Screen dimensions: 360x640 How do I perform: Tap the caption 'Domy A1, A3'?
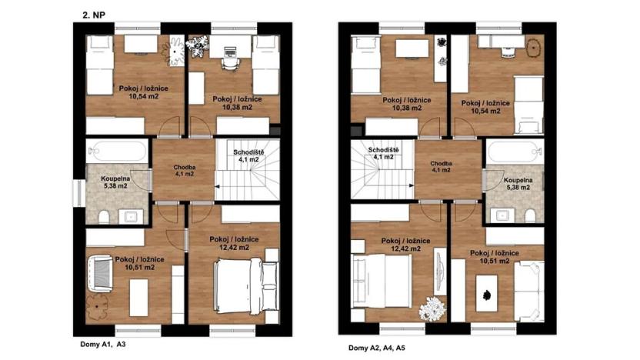103,344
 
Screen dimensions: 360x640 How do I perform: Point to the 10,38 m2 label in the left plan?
237,108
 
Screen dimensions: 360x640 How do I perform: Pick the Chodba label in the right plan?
441,164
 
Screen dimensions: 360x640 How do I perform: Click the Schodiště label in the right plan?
382,149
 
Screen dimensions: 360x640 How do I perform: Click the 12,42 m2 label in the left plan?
237,248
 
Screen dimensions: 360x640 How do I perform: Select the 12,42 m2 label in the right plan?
402,249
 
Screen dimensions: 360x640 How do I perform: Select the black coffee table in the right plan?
486,292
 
